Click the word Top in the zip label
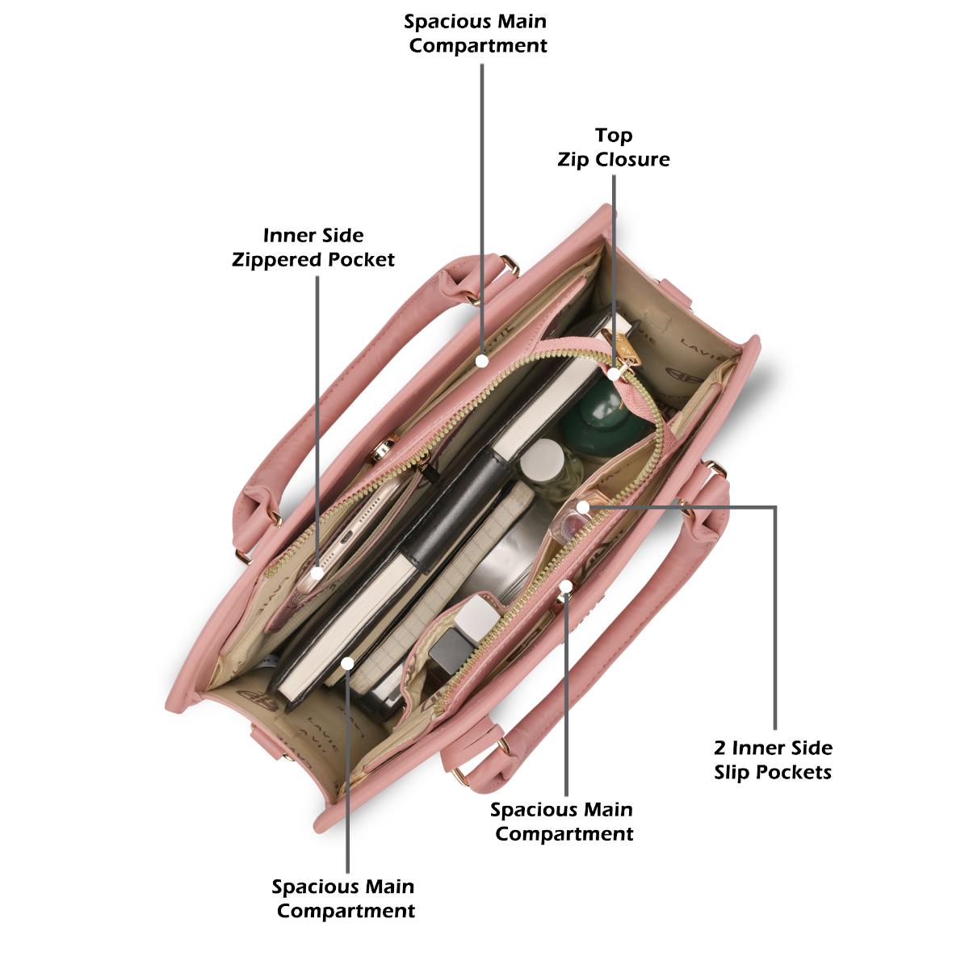click(x=614, y=136)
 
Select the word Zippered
click(x=277, y=260)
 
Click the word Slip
click(x=732, y=772)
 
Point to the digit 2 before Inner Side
click(x=720, y=748)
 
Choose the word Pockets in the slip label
click(x=793, y=772)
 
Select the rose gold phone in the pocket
click(x=352, y=533)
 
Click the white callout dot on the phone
click(x=317, y=573)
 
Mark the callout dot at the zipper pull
click(x=613, y=374)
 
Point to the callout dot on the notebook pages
click(x=347, y=663)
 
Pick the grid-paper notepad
click(x=438, y=589)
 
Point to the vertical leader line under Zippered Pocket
click(x=317, y=422)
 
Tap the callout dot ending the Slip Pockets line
click(x=582, y=507)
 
